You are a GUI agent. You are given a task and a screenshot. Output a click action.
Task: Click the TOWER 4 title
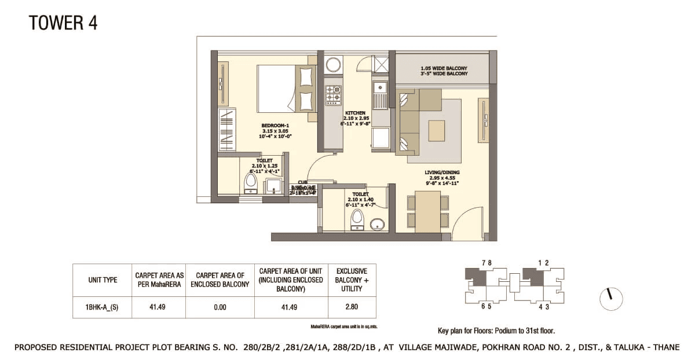point(63,23)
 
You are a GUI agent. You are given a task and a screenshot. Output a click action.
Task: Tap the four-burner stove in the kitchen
point(333,95)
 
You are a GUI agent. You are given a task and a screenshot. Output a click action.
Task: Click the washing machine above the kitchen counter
point(334,63)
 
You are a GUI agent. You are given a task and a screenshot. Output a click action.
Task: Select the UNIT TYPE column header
point(103,280)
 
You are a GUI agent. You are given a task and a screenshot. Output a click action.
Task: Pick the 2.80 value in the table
point(352,307)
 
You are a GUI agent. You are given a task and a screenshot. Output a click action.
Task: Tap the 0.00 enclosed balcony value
point(220,307)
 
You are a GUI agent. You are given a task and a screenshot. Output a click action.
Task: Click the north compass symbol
point(610,298)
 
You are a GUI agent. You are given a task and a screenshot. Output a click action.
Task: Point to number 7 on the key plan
point(483,263)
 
